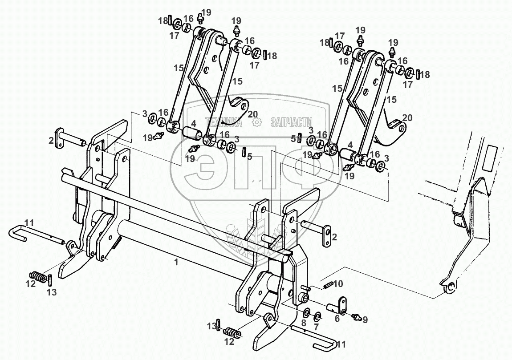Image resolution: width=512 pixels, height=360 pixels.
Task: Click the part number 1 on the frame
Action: (176, 263)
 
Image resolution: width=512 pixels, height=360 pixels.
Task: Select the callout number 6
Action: (337, 319)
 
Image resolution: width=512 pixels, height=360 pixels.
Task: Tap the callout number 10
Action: (338, 283)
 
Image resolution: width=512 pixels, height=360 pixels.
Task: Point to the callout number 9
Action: (365, 319)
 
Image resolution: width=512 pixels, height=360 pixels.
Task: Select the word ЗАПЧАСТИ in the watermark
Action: (291, 122)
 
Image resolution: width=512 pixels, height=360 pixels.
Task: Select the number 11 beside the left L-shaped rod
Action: (29, 222)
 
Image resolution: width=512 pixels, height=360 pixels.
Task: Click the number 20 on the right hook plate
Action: (407, 117)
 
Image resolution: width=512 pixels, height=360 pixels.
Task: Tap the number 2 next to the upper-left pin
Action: (52, 141)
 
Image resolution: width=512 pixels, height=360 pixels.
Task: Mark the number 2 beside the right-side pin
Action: (333, 236)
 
